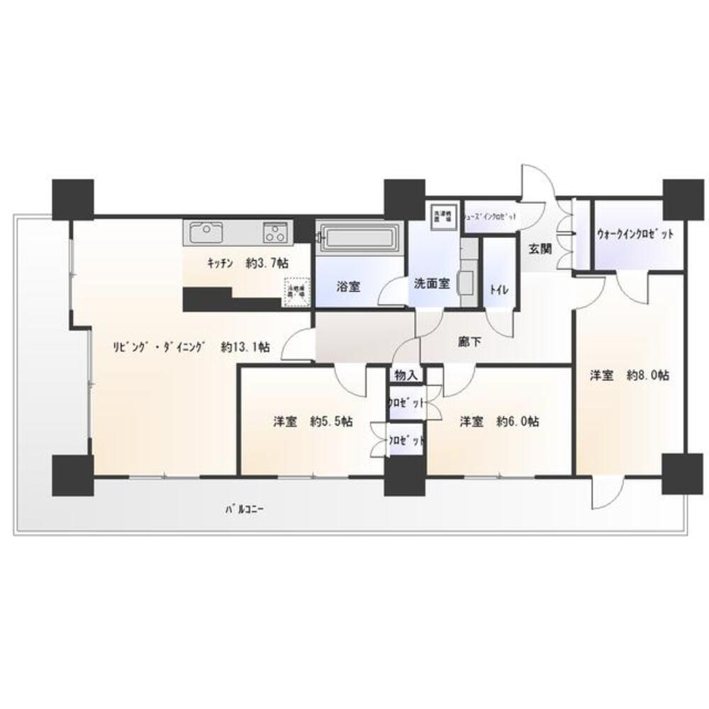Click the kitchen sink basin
click(x=203, y=232)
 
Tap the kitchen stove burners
click(x=275, y=232)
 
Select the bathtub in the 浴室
click(x=359, y=237)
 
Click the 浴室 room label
click(x=348, y=287)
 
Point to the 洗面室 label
click(x=432, y=283)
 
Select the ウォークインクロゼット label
click(x=635, y=234)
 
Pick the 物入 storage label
click(x=406, y=375)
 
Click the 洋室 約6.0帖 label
click(x=498, y=422)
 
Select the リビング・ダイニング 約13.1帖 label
click(x=191, y=347)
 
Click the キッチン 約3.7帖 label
click(x=247, y=263)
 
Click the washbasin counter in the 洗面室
click(x=467, y=282)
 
